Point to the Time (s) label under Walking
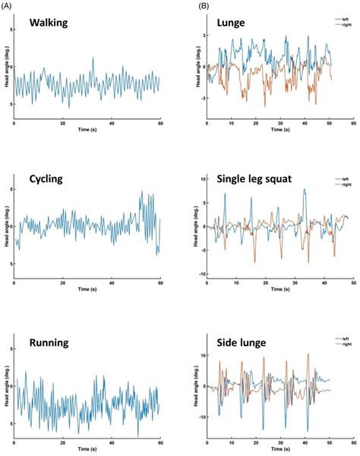87,131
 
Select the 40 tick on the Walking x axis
112,124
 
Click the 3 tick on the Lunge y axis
200,36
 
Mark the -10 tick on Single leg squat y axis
197,274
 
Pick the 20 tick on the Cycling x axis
63,283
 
